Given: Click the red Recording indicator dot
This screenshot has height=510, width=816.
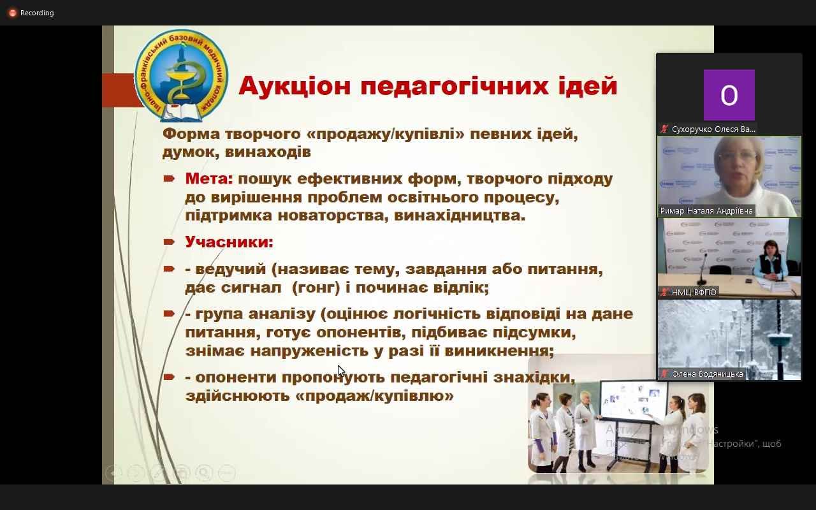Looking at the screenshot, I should click(x=12, y=13).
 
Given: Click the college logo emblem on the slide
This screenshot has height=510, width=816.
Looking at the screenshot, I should click(x=182, y=75).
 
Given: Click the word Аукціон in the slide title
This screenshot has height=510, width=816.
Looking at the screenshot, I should click(x=295, y=86).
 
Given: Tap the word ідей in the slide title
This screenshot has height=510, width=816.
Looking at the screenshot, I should click(x=585, y=86).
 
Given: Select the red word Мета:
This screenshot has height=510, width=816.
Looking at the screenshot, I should click(x=209, y=178).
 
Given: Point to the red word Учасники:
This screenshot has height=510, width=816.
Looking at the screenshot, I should click(x=229, y=242).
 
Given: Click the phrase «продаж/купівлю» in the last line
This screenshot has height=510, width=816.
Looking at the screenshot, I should click(x=375, y=396).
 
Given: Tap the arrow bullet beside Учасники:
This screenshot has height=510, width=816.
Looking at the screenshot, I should click(x=169, y=242).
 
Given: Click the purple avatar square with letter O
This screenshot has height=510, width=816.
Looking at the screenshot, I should click(x=729, y=95).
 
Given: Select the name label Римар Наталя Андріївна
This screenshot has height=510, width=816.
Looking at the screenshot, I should click(x=706, y=210).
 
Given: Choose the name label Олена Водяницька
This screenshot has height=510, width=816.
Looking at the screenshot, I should click(x=707, y=374).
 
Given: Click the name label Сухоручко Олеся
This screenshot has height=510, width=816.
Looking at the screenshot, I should click(x=713, y=129).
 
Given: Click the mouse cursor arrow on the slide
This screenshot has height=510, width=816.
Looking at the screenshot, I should click(x=340, y=371).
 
